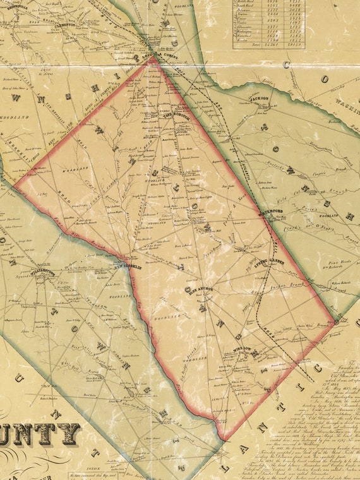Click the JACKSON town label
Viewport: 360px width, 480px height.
pos(258,99)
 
